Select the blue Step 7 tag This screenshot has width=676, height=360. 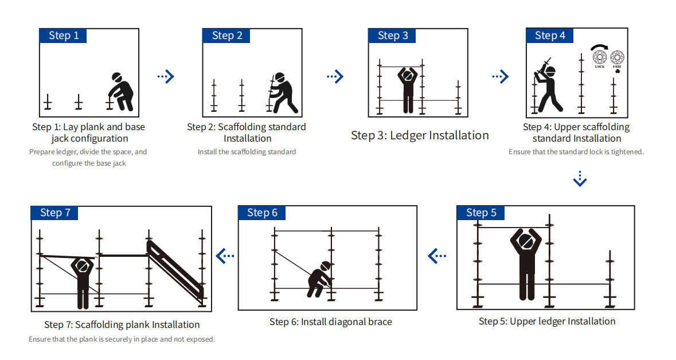coord(54,213)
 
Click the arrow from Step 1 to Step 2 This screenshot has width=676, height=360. coord(165,76)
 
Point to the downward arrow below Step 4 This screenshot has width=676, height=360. coord(580,179)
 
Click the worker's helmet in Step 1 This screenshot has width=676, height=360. coord(117,78)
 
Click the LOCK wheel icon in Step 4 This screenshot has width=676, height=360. coord(599,57)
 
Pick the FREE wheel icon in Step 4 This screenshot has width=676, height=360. coord(617,57)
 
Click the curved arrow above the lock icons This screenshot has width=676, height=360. coord(600,46)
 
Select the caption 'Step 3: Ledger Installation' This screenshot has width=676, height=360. coord(420,135)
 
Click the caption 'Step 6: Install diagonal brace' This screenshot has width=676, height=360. coord(331,322)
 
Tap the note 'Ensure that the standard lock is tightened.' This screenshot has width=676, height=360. coord(576,152)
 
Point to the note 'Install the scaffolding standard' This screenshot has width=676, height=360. coord(247,152)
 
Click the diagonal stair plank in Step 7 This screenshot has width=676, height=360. coord(175,269)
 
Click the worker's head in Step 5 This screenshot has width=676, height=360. coord(526,242)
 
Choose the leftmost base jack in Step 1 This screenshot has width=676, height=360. coord(48,102)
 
